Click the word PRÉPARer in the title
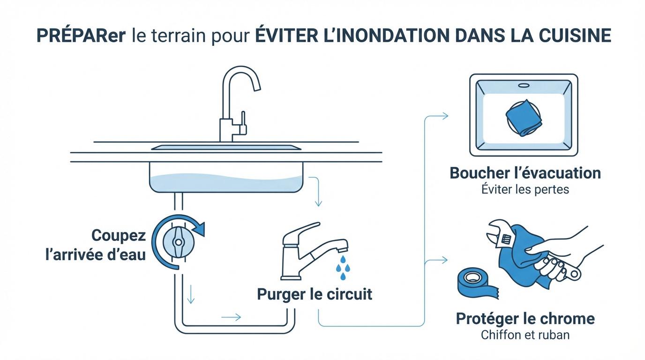click(81, 36)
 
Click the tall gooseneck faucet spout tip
click(256, 87)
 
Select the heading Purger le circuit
click(315, 294)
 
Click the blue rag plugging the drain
click(524, 118)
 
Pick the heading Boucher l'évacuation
click(525, 173)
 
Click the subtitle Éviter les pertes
click(525, 190)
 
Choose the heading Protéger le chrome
click(525, 319)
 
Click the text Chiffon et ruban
click(525, 335)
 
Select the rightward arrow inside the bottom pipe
click(231, 317)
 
